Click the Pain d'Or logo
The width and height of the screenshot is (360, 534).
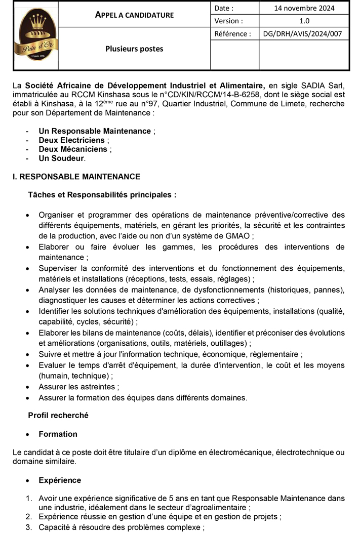[35, 35]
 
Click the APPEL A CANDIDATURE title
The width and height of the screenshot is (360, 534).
[134, 15]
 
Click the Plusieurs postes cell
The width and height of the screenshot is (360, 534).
[134, 49]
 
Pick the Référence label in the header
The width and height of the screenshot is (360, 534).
[232, 34]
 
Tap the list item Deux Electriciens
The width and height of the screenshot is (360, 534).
[71, 140]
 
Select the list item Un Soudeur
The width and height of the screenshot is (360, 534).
[61, 158]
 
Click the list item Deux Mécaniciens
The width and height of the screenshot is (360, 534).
[73, 149]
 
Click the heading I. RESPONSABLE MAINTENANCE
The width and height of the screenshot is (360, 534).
[76, 177]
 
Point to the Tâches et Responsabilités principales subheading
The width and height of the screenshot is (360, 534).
[102, 194]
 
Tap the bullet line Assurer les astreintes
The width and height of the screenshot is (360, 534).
[78, 387]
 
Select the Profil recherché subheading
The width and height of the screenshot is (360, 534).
[58, 416]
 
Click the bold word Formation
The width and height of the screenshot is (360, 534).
[58, 434]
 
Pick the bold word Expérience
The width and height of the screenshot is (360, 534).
[60, 480]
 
